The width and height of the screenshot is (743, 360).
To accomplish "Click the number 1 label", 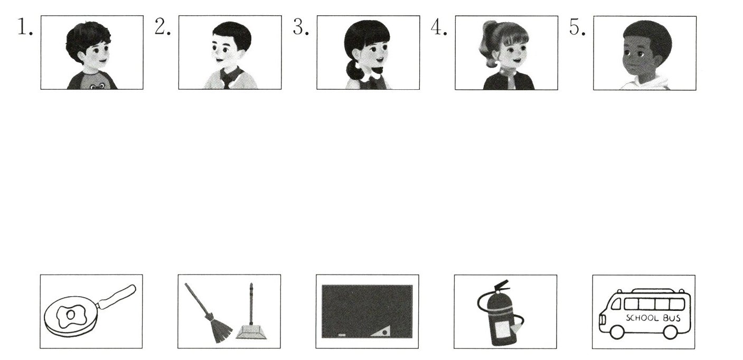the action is pos(25,27).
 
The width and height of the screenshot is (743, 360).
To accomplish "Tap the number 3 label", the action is pos(301,27).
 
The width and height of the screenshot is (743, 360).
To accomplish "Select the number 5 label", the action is pos(577,27).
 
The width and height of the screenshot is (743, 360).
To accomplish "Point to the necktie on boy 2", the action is pos(227,79).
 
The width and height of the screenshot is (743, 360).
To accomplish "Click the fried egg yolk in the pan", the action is pos(71,315).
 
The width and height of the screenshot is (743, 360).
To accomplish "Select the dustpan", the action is pos(251,332).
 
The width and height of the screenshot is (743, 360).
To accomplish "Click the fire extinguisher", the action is pos(501,313).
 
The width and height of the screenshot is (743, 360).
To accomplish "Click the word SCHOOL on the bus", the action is pos(642,318).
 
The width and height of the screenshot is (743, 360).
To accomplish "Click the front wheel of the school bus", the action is pos(617,332).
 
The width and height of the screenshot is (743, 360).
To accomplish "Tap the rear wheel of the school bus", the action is pos(670,332).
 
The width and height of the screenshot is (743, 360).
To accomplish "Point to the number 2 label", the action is pos(163,27).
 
